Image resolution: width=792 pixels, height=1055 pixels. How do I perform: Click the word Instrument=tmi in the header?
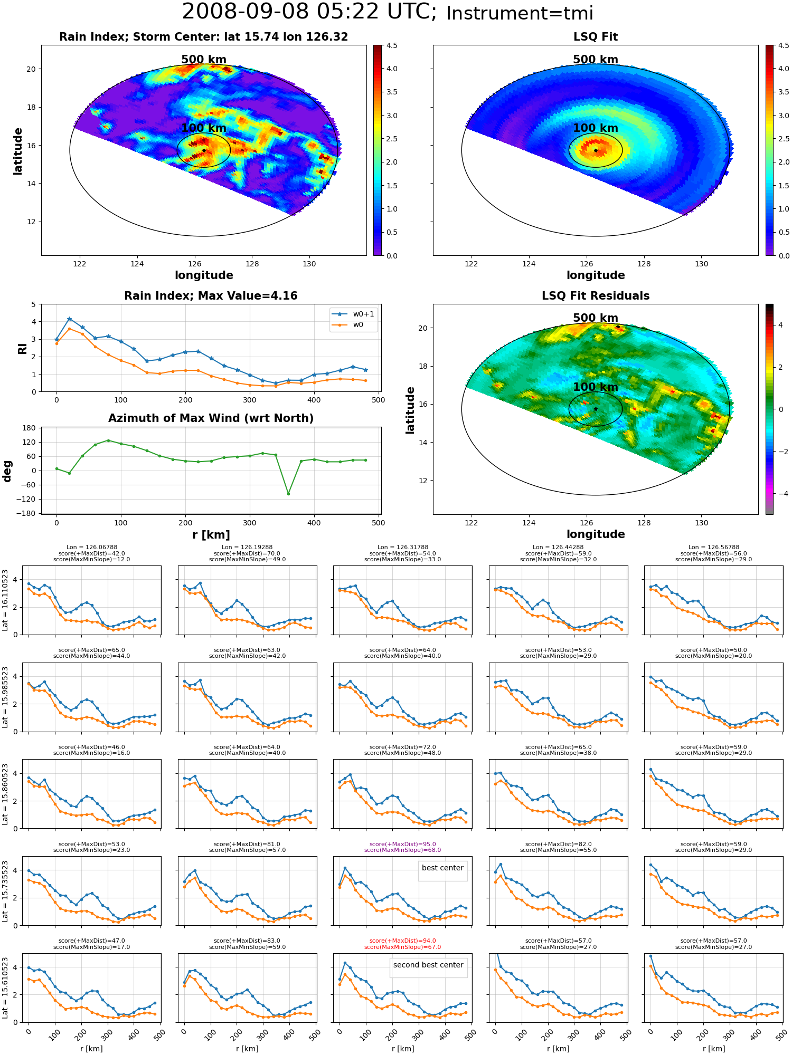coord(520,14)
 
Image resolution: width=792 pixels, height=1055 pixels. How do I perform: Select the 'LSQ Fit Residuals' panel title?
coord(596,296)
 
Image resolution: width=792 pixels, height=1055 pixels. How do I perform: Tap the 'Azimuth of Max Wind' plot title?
coord(211,418)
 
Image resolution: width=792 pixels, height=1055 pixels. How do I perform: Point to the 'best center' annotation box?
coord(442,868)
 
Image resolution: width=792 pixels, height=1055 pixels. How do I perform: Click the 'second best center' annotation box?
coord(428,965)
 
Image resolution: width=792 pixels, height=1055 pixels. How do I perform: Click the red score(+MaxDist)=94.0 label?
coord(402,941)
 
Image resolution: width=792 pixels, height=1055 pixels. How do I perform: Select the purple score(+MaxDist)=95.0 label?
coord(402,844)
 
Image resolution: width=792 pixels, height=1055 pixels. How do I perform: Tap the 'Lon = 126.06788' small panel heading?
coord(92,547)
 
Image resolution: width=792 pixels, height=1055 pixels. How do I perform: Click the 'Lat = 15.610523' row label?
coord(5,987)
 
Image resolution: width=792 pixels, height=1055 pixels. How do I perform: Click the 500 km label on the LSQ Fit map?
coord(596,60)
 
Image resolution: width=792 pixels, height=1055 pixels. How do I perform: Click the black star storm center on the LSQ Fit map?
coord(596,150)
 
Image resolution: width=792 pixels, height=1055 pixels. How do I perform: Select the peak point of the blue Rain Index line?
coord(69,319)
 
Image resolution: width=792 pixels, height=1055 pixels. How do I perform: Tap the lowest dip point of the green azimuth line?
coord(288,494)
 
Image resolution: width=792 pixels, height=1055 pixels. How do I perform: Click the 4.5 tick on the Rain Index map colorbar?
coord(392,45)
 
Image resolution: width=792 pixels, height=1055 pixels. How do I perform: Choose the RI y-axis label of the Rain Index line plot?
coord(22,348)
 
